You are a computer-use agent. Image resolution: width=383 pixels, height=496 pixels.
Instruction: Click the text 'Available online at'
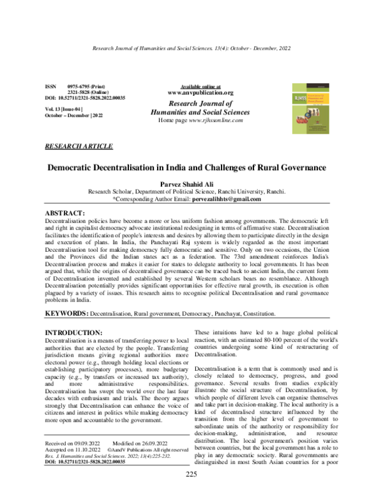pyautogui.click(x=200, y=86)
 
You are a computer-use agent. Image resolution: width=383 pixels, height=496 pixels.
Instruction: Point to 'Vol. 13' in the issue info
pyautogui.click(x=51, y=109)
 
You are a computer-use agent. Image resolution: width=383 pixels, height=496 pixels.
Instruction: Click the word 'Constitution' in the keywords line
pyautogui.click(x=256, y=314)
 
